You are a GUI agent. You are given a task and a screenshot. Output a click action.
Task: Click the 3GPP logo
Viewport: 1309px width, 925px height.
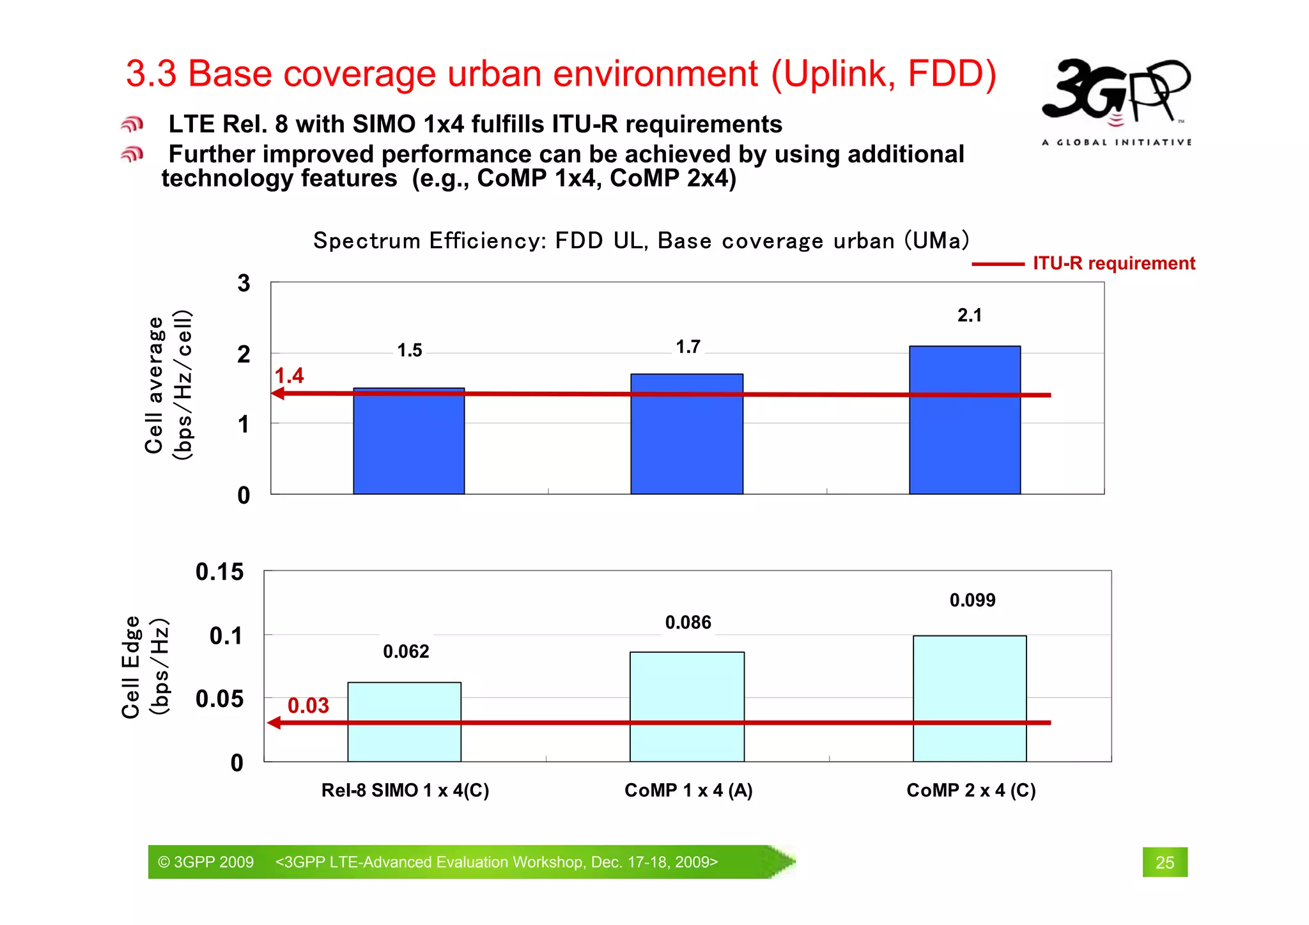click(1116, 99)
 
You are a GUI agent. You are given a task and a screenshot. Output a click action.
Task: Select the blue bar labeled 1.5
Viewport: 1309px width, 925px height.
click(408, 441)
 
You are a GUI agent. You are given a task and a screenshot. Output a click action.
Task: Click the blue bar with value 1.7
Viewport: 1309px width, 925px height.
click(686, 434)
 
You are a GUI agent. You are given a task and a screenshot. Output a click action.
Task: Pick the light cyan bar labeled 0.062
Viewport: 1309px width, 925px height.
click(404, 722)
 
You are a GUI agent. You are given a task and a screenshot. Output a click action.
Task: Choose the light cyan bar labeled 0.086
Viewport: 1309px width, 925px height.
click(686, 706)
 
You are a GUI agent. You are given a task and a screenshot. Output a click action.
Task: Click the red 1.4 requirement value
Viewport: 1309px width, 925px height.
click(289, 375)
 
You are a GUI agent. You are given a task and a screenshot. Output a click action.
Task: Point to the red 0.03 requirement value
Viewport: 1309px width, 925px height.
click(308, 705)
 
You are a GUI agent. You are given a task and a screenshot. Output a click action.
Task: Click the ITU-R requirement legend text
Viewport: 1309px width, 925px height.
click(1113, 263)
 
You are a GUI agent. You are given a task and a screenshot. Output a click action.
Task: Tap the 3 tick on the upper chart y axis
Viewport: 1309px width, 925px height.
click(244, 283)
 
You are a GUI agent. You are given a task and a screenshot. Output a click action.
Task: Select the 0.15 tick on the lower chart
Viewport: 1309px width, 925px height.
click(219, 571)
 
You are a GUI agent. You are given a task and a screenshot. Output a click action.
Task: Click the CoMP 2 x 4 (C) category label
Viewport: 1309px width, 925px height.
click(971, 790)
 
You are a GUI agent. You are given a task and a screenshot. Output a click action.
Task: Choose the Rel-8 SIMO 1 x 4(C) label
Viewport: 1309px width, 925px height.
click(405, 790)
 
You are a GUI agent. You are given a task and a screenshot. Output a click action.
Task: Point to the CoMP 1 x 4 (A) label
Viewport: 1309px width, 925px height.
click(688, 790)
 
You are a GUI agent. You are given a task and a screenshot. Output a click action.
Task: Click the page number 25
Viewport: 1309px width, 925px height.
click(1165, 862)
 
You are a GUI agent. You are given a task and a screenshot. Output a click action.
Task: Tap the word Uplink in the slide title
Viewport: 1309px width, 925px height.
click(835, 74)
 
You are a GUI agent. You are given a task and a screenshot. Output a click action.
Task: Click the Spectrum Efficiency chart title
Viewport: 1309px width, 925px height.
click(641, 240)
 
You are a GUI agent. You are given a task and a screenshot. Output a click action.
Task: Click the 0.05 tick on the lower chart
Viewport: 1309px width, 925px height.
click(219, 699)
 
